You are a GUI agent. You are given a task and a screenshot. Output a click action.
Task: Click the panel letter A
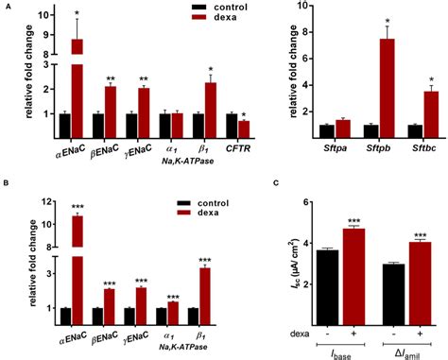click(6, 8)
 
